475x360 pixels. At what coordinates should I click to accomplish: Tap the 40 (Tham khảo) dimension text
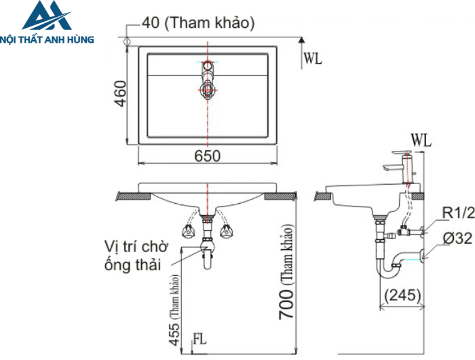point(198,23)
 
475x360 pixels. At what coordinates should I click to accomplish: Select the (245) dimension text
point(402,295)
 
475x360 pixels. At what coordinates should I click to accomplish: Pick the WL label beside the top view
point(313,58)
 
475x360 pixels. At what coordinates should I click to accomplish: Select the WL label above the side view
point(421,141)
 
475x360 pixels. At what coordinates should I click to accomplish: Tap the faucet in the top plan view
point(208,79)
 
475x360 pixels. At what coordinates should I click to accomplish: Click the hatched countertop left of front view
point(133,196)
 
